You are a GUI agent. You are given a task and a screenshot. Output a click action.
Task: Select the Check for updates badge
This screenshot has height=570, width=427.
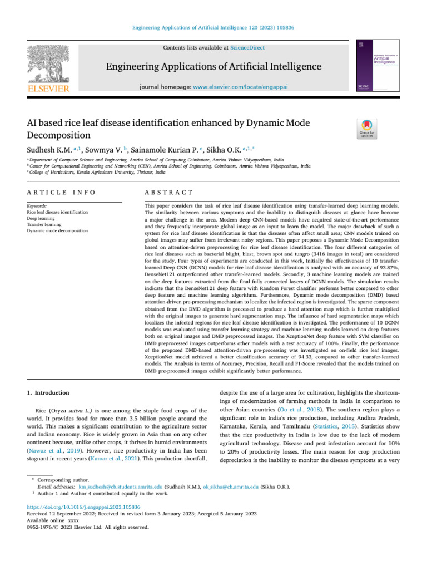pyautogui.click(x=368, y=129)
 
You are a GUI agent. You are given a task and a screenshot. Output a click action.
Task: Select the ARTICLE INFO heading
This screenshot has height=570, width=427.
pyautogui.click(x=61, y=191)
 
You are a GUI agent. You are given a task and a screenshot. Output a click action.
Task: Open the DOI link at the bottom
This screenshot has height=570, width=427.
pyautogui.click(x=83, y=507)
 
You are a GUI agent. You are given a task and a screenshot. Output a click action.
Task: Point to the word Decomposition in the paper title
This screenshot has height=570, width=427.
pyautogui.click(x=61, y=135)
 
